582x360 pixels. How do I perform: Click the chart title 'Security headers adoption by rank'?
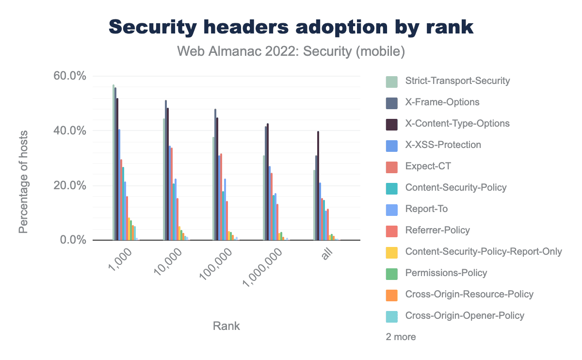(291, 27)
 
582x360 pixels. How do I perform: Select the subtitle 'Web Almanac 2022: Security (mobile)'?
(291, 51)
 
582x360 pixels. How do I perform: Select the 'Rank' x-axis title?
(226, 326)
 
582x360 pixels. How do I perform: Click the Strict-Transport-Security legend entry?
(457, 81)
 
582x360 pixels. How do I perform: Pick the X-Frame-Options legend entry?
(442, 102)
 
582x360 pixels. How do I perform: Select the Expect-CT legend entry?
(428, 166)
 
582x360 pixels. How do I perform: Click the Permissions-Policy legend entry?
(446, 273)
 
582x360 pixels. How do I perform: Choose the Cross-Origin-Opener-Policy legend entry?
(465, 316)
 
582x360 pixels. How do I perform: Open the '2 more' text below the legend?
(401, 337)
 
